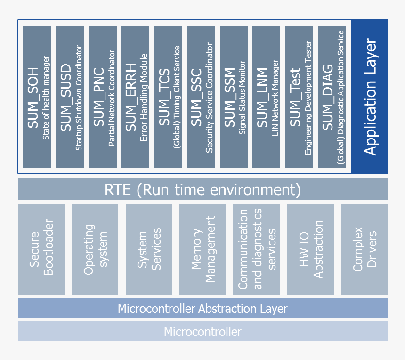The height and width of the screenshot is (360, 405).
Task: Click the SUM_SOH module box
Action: pyautogui.click(x=37, y=97)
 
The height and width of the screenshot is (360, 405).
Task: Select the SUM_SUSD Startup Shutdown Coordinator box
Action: pyautogui.click(x=70, y=97)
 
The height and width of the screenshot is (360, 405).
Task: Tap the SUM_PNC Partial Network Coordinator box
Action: pyautogui.click(x=103, y=97)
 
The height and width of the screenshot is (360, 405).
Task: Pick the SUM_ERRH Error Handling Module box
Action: pyautogui.click(x=135, y=97)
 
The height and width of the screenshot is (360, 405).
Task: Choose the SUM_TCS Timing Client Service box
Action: pyautogui.click(x=168, y=97)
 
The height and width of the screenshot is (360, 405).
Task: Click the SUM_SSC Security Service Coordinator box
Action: pyautogui.click(x=201, y=97)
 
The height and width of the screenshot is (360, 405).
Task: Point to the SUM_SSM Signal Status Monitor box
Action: pyautogui.click(x=234, y=97)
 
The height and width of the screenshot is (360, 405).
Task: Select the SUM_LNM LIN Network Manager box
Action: pyautogui.click(x=266, y=97)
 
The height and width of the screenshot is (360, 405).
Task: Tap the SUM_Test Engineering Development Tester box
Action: pyautogui.click(x=299, y=97)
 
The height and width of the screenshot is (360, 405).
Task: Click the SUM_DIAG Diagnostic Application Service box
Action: pyautogui.click(x=332, y=97)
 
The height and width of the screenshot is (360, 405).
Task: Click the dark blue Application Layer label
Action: pyautogui.click(x=370, y=97)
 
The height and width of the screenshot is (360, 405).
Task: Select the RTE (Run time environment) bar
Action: pyautogui.click(x=202, y=189)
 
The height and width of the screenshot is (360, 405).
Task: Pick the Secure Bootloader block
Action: pyautogui.click(x=41, y=249)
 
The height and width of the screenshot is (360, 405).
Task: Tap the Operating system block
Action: pyautogui.click(x=95, y=249)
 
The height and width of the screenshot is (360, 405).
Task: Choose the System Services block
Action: pyautogui.click(x=149, y=249)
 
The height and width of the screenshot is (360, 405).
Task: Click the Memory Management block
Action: pyautogui.click(x=203, y=249)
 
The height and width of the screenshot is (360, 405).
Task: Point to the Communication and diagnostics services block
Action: pyautogui.click(x=257, y=249)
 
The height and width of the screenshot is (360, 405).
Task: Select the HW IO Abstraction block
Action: pyautogui.click(x=311, y=249)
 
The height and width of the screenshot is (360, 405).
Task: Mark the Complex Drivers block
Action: pyautogui.click(x=364, y=249)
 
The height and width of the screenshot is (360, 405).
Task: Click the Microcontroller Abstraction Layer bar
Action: pyautogui.click(x=202, y=309)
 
